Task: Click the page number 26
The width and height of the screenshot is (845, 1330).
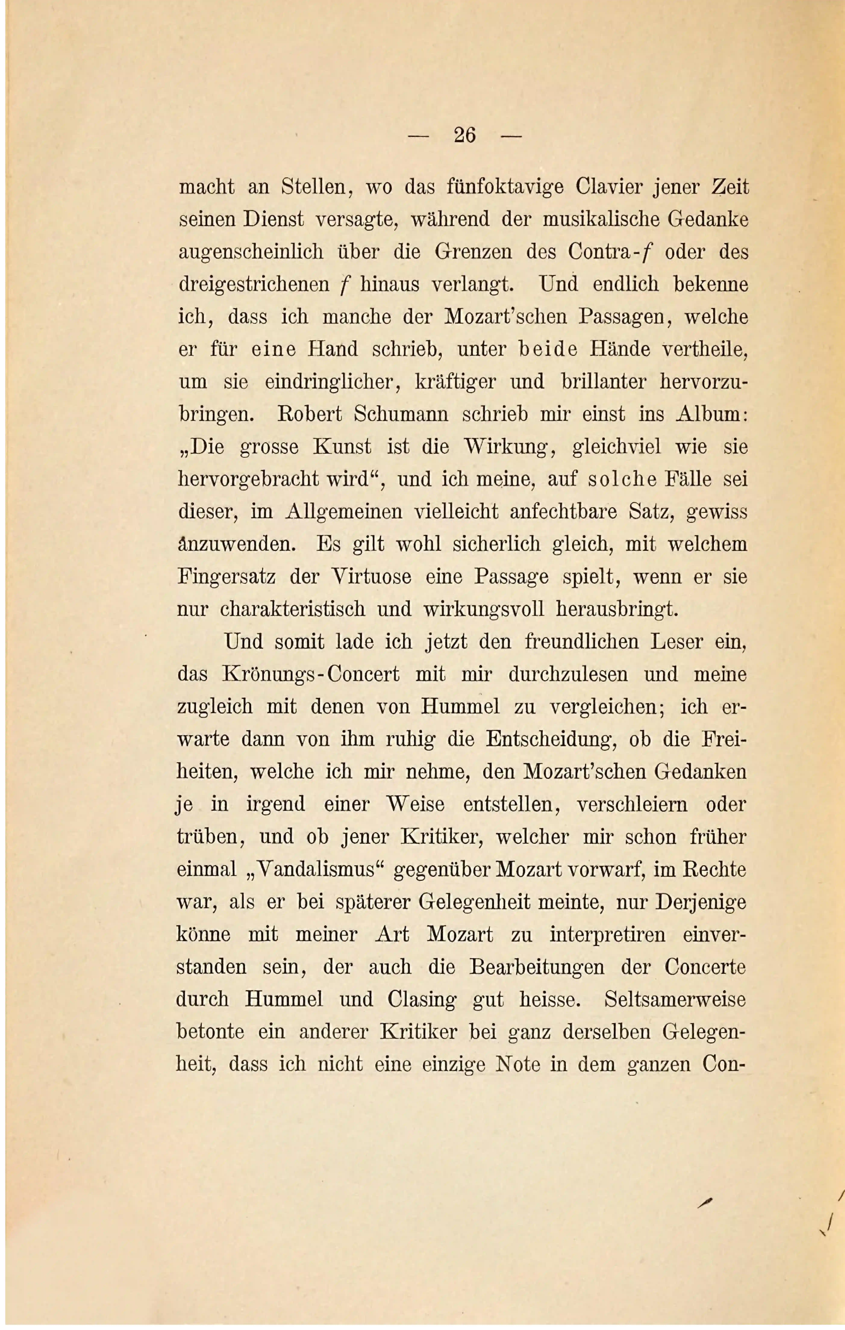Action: tap(464, 135)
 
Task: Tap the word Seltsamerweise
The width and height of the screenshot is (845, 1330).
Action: tap(675, 1000)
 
